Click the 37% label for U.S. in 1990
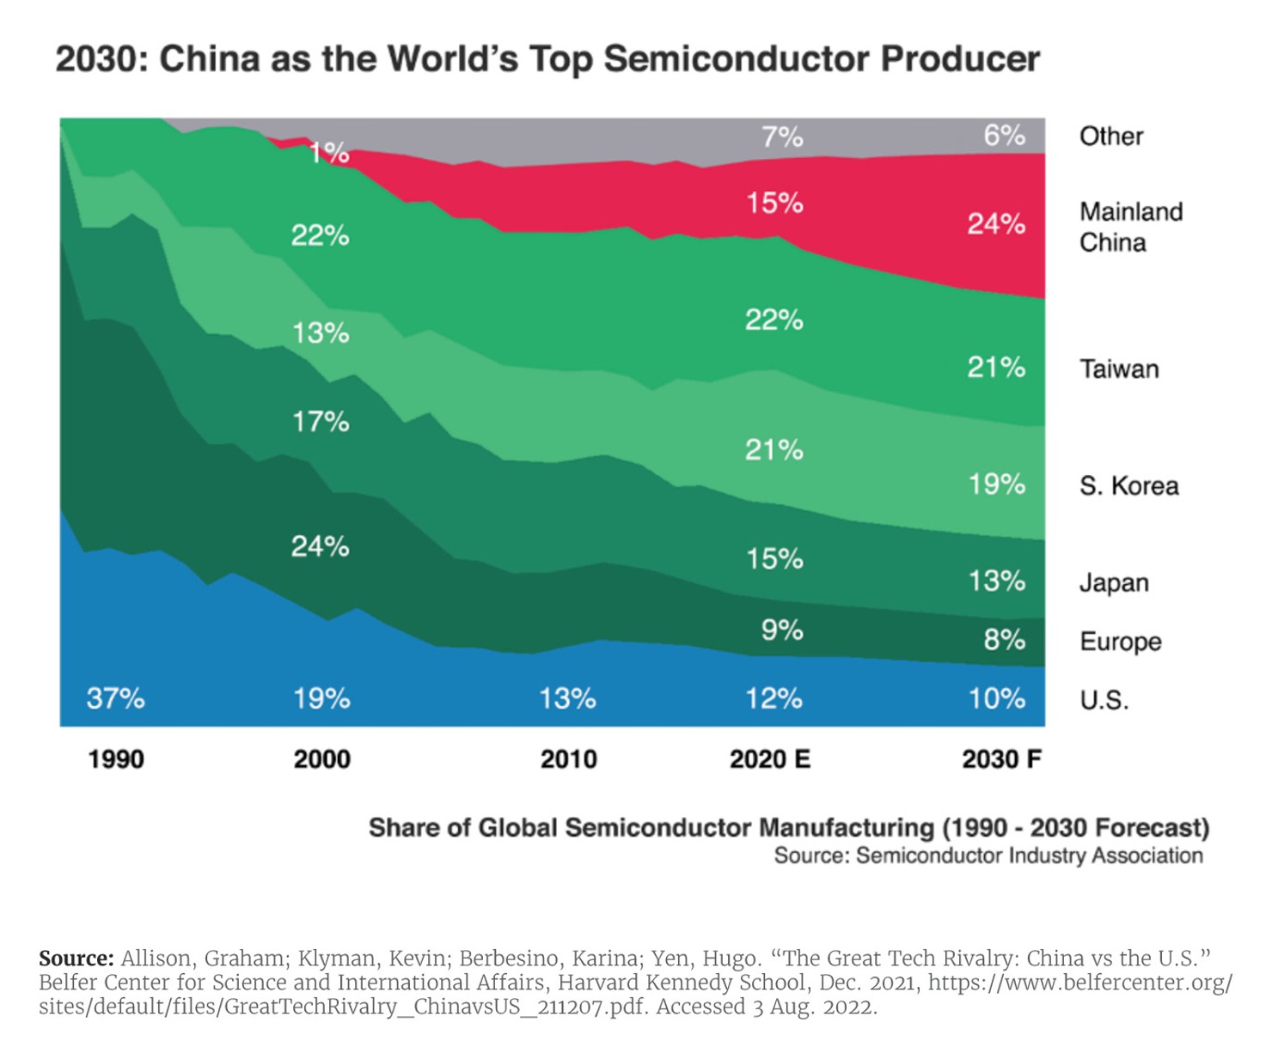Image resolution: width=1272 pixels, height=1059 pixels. (x=115, y=698)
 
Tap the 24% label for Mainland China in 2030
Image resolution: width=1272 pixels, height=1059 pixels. (x=996, y=224)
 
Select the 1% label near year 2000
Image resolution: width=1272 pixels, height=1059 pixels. (x=329, y=154)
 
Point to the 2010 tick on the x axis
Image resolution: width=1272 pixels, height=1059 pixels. (x=568, y=759)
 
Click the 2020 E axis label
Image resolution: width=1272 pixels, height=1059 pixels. (x=769, y=759)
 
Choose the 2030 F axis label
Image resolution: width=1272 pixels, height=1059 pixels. (x=1001, y=759)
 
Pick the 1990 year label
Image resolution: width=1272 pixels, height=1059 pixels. (x=116, y=759)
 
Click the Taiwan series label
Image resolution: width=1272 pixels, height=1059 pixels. (x=1119, y=369)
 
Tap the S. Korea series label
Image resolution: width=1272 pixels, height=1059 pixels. (x=1128, y=486)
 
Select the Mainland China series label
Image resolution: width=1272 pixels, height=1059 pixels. (x=1130, y=227)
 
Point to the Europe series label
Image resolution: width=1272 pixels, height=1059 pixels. (x=1120, y=642)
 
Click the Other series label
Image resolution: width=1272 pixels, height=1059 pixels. (x=1110, y=137)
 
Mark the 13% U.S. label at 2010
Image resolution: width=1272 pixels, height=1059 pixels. (x=567, y=698)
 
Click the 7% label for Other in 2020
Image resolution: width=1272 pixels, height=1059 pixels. (x=782, y=137)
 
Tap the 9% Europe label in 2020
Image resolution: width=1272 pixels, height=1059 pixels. (x=782, y=630)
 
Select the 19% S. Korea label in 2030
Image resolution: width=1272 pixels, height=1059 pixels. (x=997, y=484)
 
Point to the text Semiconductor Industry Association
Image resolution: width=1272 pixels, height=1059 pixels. (x=1029, y=855)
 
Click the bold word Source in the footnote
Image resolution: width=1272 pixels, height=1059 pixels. (x=76, y=959)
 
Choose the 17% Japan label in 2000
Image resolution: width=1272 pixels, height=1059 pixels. (x=321, y=422)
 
